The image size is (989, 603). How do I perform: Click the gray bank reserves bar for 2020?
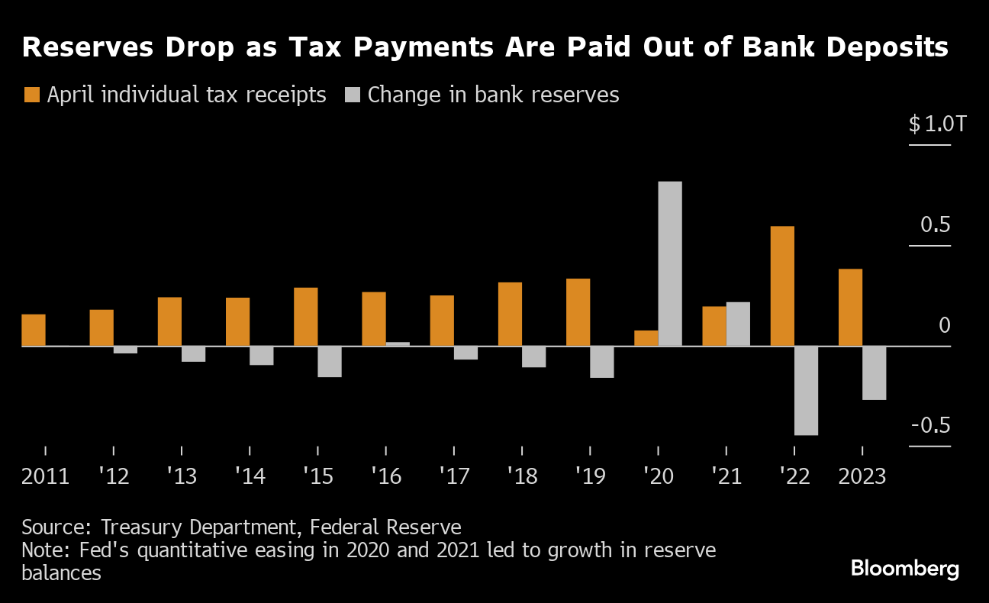[669, 263]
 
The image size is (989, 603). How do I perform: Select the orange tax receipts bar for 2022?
[782, 286]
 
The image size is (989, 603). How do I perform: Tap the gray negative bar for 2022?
[806, 391]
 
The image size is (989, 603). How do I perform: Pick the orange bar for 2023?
[850, 308]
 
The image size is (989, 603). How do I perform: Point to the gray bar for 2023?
[874, 373]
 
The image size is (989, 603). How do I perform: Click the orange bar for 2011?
[34, 331]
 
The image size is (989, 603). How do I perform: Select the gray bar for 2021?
[738, 324]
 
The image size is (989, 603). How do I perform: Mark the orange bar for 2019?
[578, 312]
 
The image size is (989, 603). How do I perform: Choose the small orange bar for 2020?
[646, 339]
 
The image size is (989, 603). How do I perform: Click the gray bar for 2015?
[329, 362]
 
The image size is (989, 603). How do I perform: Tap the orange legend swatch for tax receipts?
[31, 95]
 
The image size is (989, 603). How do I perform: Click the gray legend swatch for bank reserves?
[352, 95]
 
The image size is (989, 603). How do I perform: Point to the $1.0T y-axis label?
[937, 124]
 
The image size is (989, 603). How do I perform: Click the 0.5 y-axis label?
[935, 225]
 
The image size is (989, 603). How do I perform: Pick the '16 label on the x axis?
[385, 477]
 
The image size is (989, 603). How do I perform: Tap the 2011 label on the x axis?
[45, 477]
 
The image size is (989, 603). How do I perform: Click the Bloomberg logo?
[904, 569]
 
